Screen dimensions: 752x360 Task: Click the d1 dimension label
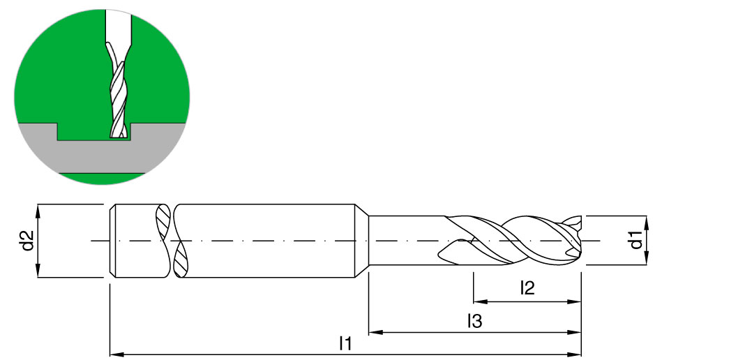636,240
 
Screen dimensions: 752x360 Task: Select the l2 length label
527,288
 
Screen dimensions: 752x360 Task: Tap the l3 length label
475,322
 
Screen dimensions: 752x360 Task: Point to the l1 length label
345,344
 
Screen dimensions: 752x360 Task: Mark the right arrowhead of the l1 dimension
575,354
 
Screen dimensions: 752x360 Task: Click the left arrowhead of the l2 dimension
481,302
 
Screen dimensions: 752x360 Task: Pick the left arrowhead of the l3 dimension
376,331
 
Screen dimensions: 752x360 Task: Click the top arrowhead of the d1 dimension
647,223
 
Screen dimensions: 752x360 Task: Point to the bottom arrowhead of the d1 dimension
647,258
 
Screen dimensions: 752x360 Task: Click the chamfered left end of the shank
113,241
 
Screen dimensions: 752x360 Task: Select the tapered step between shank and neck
361,241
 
